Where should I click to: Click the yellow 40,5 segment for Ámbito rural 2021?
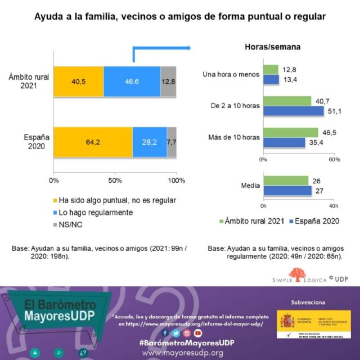coord(78,82)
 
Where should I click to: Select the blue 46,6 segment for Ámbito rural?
coord(132,82)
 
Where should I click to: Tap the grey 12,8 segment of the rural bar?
coord(168,82)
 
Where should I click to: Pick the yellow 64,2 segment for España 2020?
coord(93,142)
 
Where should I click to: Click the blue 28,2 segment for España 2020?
coord(149,142)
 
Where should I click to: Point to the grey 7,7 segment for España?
coord(172,142)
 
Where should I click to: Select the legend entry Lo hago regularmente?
coord(96,212)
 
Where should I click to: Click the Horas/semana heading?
coord(272,47)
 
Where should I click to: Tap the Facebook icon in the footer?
coord(165,332)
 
